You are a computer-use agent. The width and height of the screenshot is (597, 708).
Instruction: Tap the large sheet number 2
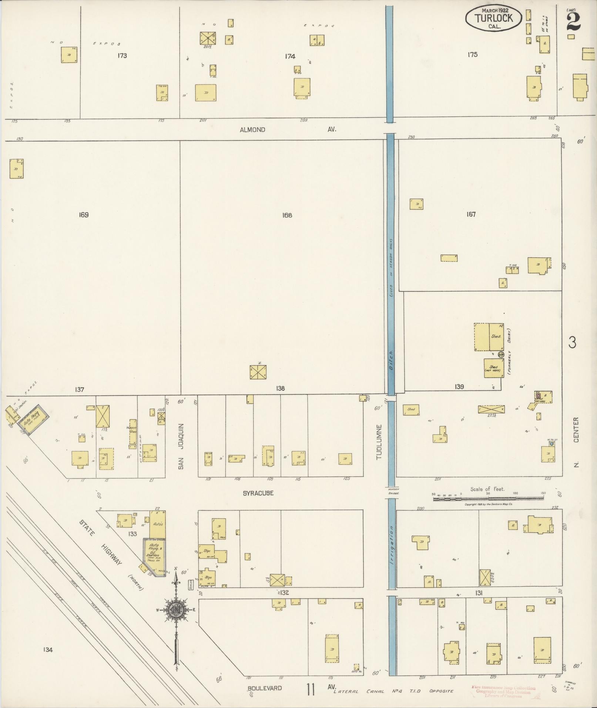[x=573, y=21]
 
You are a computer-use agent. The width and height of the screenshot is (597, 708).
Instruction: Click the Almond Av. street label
[x=287, y=130]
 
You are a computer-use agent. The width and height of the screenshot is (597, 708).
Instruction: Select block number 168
[x=287, y=215]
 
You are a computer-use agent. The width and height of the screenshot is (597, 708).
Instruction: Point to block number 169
[x=84, y=215]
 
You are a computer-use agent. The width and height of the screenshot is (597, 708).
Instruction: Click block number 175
[x=472, y=54]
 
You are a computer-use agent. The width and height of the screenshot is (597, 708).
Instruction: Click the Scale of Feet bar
[x=488, y=499]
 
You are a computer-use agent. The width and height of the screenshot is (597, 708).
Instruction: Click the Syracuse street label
[x=258, y=493]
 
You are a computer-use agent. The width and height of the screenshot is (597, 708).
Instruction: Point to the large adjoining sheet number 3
[x=572, y=343]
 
